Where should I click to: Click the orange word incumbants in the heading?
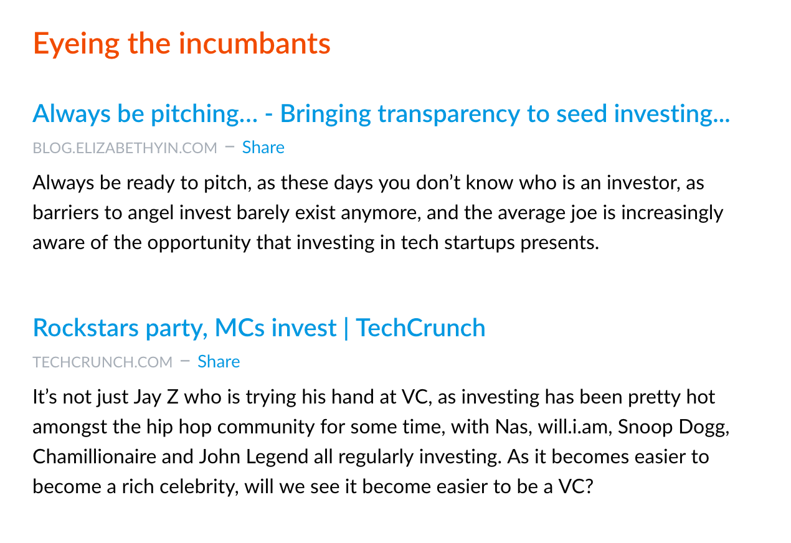[x=255, y=44]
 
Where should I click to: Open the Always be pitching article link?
[x=381, y=115]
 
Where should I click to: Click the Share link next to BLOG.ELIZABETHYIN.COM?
[x=263, y=147]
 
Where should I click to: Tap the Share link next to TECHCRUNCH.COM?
[x=219, y=362]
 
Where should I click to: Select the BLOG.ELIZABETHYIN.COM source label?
[x=125, y=148]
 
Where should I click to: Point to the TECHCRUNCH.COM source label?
[x=103, y=362]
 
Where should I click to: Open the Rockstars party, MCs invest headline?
[x=259, y=328]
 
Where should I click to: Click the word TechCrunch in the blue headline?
[x=420, y=328]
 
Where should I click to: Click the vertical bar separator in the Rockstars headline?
[x=346, y=328]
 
